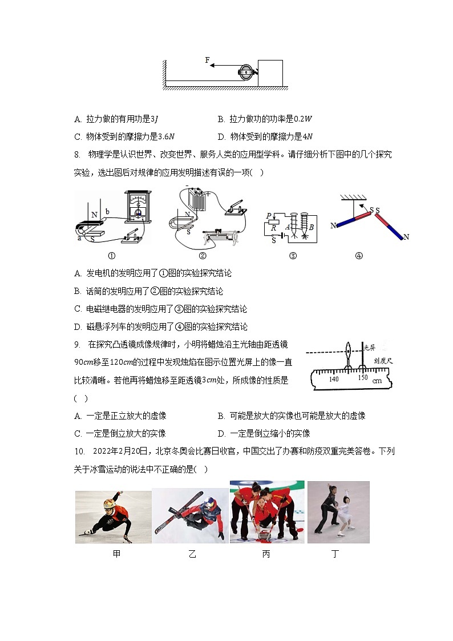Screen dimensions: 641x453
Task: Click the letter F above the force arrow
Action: (x=208, y=60)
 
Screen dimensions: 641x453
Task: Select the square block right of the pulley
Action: (x=270, y=72)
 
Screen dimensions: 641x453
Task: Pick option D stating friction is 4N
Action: (x=265, y=136)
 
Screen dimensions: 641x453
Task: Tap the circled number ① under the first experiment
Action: (x=112, y=255)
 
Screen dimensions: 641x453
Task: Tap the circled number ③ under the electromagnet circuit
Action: (x=293, y=256)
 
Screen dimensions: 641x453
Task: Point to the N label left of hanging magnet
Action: (x=333, y=226)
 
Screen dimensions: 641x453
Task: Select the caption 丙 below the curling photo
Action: (x=266, y=554)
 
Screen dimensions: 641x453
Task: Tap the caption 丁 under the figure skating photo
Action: (x=335, y=554)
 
